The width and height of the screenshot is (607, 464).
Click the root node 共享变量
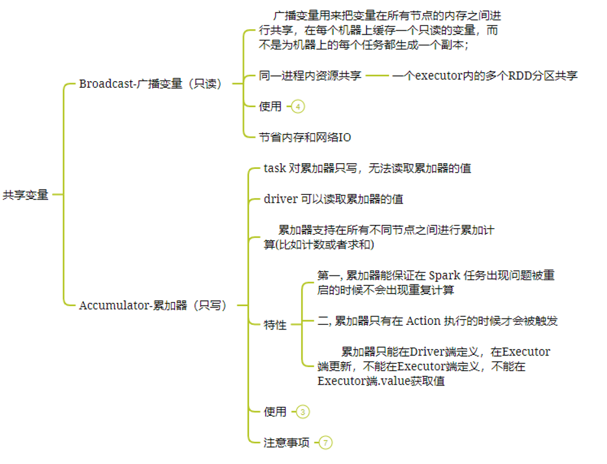(x=26, y=195)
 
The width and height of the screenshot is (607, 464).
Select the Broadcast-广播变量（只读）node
(x=151, y=84)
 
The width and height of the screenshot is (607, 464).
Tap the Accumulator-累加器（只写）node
(x=154, y=305)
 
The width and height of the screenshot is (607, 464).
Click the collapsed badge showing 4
(x=298, y=107)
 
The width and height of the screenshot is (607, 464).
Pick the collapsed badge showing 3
(x=303, y=412)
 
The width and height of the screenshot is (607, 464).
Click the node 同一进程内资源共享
(x=310, y=76)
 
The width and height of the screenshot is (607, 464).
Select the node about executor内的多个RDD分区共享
(x=485, y=76)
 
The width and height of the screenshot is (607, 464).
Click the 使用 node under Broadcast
(x=271, y=107)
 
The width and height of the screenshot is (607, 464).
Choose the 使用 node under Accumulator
(x=275, y=412)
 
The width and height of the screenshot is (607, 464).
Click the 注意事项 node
(x=286, y=443)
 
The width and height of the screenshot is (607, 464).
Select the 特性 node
(x=275, y=325)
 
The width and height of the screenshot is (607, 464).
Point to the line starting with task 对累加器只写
(x=367, y=168)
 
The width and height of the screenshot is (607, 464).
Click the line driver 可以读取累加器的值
(x=338, y=199)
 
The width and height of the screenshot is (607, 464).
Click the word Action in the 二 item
(x=423, y=321)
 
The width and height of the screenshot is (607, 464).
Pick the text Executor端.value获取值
(x=381, y=381)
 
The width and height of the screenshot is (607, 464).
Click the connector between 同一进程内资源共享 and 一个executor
(x=377, y=76)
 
